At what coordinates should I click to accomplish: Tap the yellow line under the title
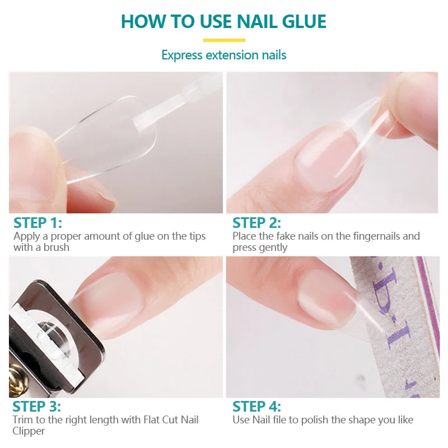pos(224,40)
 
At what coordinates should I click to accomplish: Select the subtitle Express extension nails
pos(224,55)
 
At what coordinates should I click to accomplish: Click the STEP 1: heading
pos(38,222)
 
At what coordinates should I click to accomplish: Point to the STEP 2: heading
pos(257,222)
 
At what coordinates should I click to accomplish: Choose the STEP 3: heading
pos(37,407)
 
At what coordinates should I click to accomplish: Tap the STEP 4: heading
pos(257,407)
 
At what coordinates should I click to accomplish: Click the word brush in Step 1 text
pos(57,247)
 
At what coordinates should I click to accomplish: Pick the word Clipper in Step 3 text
pos(29,431)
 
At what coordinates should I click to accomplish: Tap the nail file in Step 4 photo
pos(392,325)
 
